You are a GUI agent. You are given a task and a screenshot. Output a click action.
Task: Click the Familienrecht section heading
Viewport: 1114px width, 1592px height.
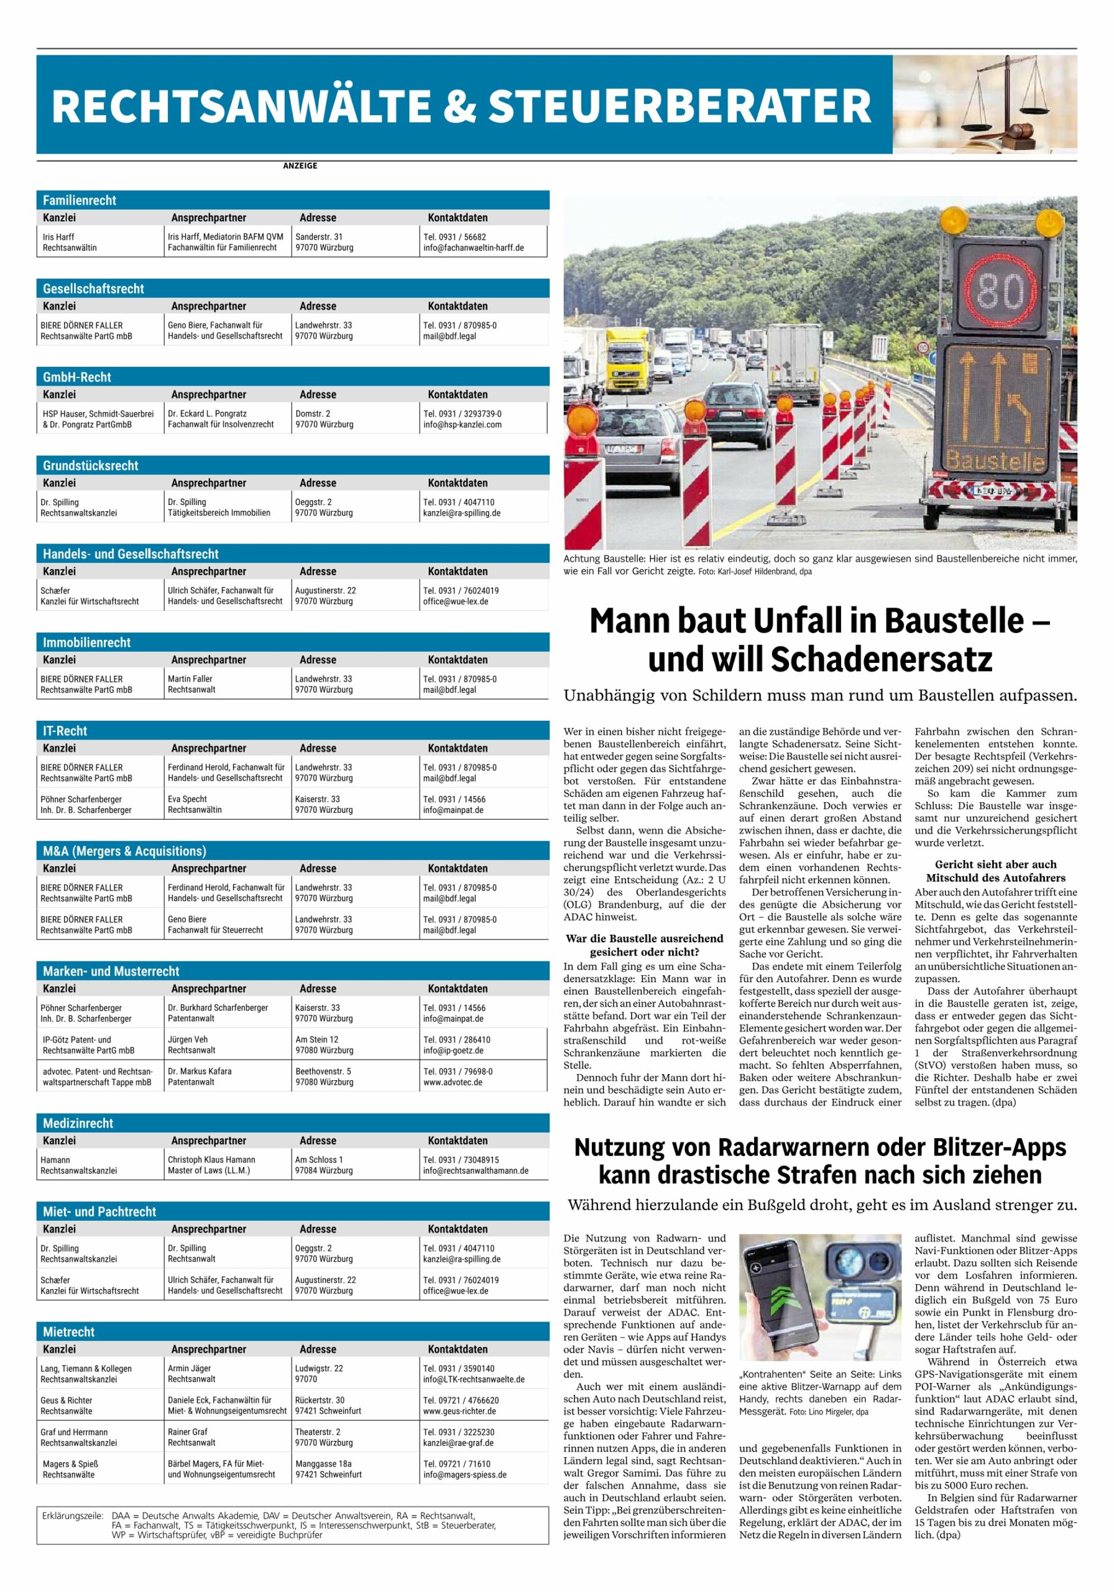80,200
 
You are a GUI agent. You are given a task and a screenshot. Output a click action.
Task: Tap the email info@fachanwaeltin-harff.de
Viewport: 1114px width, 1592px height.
474,248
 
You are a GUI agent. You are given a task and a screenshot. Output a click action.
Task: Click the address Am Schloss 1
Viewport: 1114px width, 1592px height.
319,1159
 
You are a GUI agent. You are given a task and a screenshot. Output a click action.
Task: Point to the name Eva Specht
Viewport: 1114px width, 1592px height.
187,798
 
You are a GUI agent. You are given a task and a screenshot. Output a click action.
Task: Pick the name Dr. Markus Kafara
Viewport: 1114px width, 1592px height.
200,1071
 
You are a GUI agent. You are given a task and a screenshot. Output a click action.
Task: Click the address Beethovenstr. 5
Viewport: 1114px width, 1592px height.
323,1071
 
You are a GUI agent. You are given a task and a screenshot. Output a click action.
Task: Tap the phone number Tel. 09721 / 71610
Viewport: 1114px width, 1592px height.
457,1464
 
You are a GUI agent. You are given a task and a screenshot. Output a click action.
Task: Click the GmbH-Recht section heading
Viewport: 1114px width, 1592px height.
77,377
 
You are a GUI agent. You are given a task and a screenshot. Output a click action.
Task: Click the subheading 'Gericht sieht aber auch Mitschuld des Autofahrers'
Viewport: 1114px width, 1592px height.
995,871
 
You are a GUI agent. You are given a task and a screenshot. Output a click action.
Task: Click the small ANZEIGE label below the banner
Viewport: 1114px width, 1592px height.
300,165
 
